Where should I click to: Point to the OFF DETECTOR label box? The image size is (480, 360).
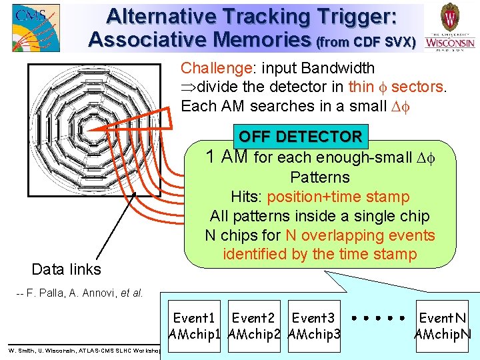click(300, 137)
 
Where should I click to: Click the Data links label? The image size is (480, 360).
click(67, 269)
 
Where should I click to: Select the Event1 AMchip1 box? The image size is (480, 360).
click(194, 326)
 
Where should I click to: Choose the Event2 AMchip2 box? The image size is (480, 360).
click(253, 326)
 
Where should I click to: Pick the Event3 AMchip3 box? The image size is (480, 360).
click(313, 326)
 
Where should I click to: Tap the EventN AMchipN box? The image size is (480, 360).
click(442, 326)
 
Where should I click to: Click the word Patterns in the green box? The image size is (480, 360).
click(319, 177)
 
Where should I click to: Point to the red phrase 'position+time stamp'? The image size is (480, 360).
click(339, 197)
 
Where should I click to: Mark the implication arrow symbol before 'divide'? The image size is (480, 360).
click(189, 87)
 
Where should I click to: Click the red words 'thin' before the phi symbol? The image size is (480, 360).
click(361, 87)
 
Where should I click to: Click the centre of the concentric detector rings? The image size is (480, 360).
click(93, 129)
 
